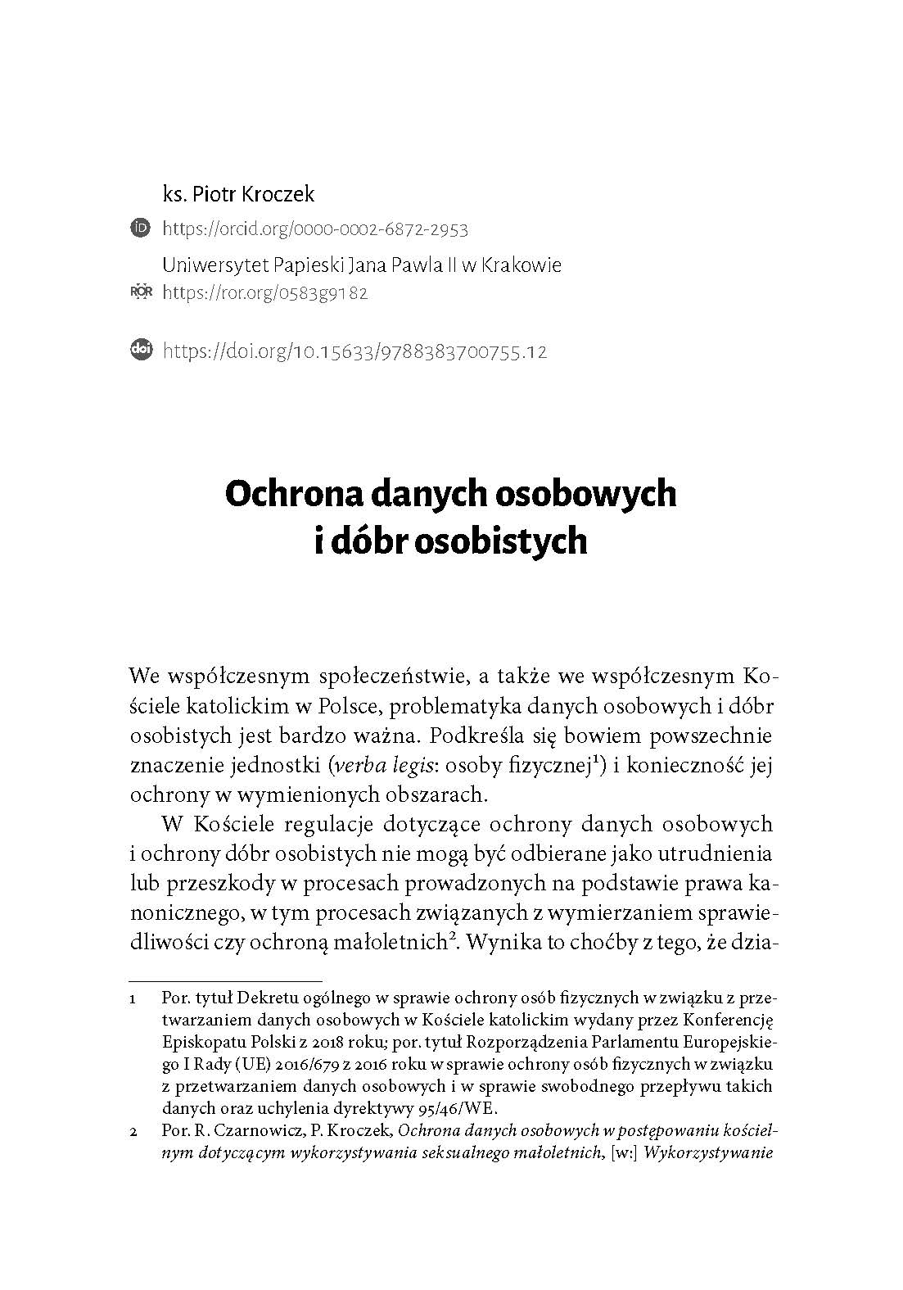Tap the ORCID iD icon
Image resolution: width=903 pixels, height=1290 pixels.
(x=140, y=228)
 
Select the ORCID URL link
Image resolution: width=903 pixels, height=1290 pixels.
(x=315, y=229)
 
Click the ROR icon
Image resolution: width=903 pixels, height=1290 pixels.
(x=141, y=292)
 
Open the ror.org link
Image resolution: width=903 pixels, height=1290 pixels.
(x=265, y=293)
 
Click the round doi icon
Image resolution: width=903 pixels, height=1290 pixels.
(x=141, y=351)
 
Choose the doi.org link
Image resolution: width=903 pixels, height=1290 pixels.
(x=354, y=352)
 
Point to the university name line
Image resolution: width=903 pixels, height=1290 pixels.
(x=362, y=265)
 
